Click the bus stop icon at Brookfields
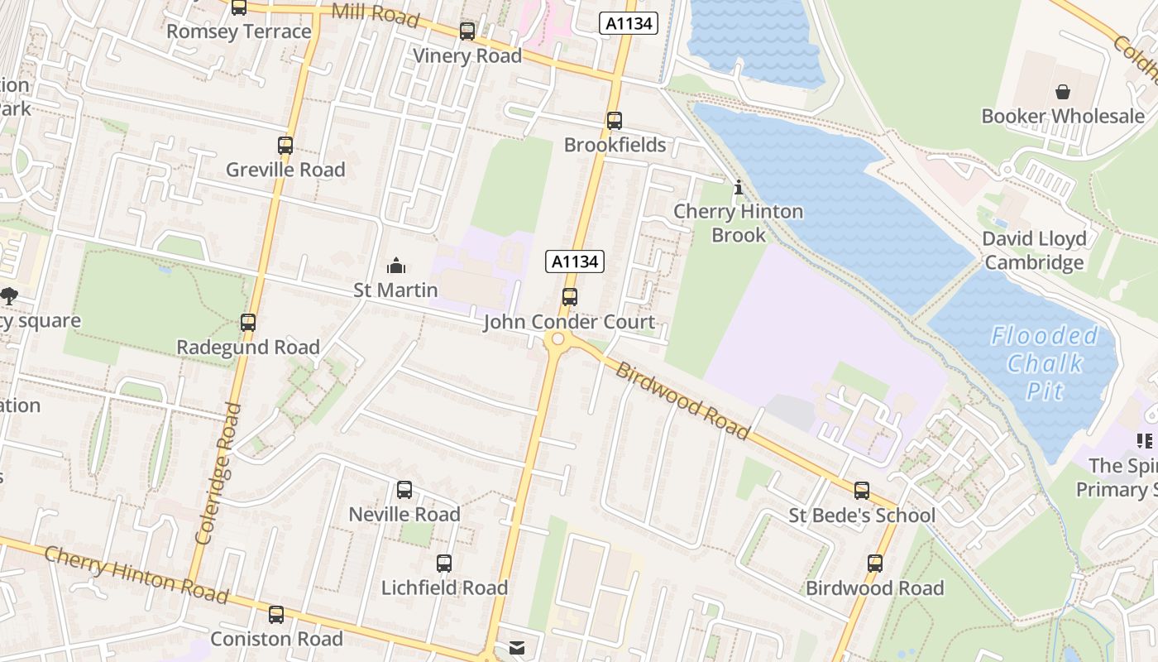[614, 121]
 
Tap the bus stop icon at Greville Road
[285, 146]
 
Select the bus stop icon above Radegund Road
[248, 323]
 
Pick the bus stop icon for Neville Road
[404, 490]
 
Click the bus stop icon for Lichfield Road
[444, 564]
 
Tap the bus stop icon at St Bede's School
[862, 491]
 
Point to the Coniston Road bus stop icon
[276, 615]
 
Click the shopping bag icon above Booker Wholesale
[1063, 92]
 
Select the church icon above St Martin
[396, 266]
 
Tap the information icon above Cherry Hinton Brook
[739, 188]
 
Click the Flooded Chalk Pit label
[1045, 362]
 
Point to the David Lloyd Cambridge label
[1034, 251]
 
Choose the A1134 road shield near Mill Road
[629, 23]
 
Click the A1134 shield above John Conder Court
[575, 261]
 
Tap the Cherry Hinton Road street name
[136, 573]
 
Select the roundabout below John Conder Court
[557, 339]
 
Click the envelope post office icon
[517, 648]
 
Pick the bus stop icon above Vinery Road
[467, 31]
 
